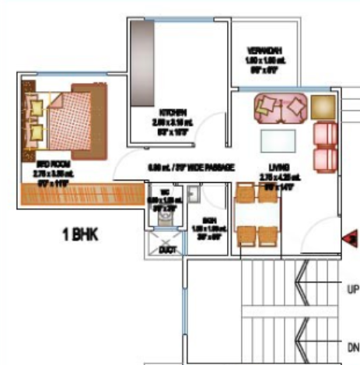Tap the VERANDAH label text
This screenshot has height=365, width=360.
[x=264, y=50]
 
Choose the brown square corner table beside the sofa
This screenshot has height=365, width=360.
[x=323, y=108]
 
